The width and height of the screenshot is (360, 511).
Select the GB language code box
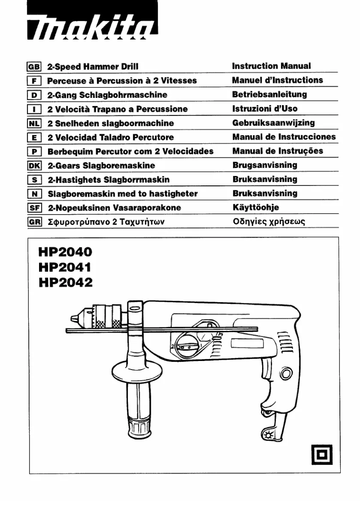(35, 66)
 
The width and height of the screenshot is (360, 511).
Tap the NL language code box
(35, 123)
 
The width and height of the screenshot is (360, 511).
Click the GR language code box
(35, 222)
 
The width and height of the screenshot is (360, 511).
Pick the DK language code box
(35, 166)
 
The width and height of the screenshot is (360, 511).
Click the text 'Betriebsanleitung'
(269, 94)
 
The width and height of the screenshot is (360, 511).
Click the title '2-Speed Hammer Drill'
(93, 66)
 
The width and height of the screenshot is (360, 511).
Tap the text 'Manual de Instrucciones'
(284, 137)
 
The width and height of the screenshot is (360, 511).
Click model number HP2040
(65, 252)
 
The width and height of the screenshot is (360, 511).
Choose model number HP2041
(65, 267)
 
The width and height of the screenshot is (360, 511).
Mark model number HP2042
(65, 282)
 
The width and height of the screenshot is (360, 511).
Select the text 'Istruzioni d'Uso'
(264, 109)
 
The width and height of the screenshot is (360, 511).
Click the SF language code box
(35, 208)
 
